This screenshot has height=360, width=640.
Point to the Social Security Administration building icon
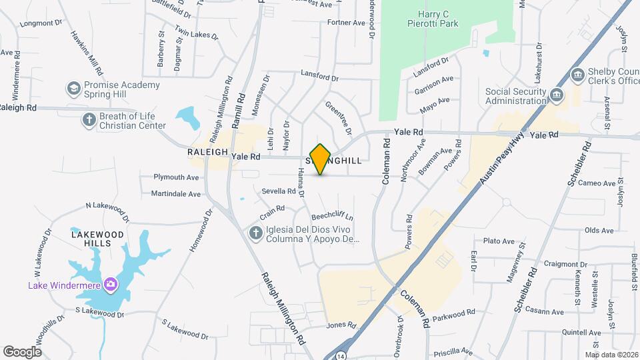555,96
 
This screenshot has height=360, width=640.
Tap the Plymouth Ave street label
177,177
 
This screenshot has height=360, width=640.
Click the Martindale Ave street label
175,194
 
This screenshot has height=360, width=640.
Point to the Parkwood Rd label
453,312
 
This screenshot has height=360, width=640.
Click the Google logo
22,351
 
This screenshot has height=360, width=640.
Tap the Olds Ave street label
598,230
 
